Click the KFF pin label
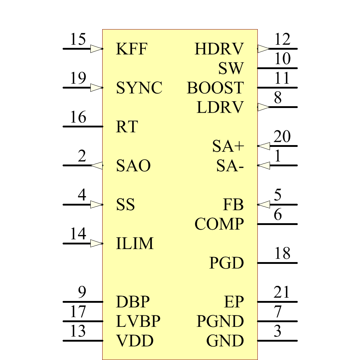pyautogui.click(x=132, y=49)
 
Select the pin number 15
pyautogui.click(x=78, y=40)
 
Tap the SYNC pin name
pyautogui.click(x=139, y=88)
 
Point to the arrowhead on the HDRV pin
pyautogui.click(x=264, y=49)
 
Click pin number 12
pyautogui.click(x=282, y=40)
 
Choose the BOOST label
pyautogui.click(x=215, y=88)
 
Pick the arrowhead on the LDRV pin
pyautogui.click(x=264, y=107)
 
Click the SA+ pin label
pyautogui.click(x=228, y=147)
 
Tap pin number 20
pyautogui.click(x=282, y=137)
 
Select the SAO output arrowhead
pyautogui.click(x=97, y=165)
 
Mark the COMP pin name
pyautogui.click(x=219, y=224)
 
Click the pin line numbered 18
pyautogui.click(x=277, y=263)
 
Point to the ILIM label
pyautogui.click(x=135, y=244)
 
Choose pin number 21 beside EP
pyautogui.click(x=282, y=292)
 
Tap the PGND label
pyautogui.click(x=220, y=321)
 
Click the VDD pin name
pyautogui.click(x=135, y=341)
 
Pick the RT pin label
pyautogui.click(x=127, y=127)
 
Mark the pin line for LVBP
pyautogui.click(x=83, y=321)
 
